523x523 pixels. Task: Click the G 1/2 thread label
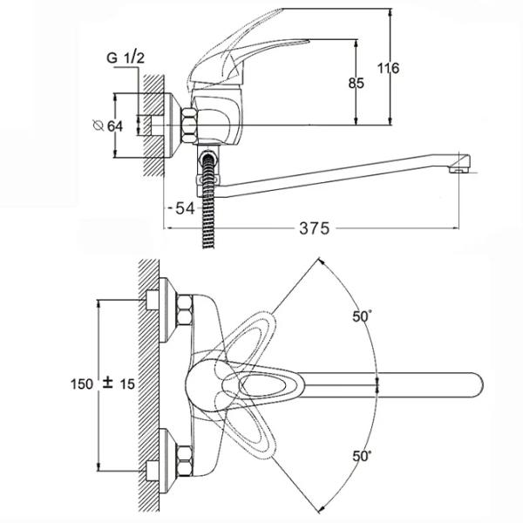126,58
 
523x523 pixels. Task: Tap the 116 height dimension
388,68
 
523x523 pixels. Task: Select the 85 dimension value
356,83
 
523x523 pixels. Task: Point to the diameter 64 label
108,126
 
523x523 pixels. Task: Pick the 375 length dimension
314,228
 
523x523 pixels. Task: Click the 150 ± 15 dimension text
102,384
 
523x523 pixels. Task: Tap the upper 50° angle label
362,316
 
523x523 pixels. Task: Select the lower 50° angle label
362,456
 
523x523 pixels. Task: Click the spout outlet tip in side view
459,171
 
